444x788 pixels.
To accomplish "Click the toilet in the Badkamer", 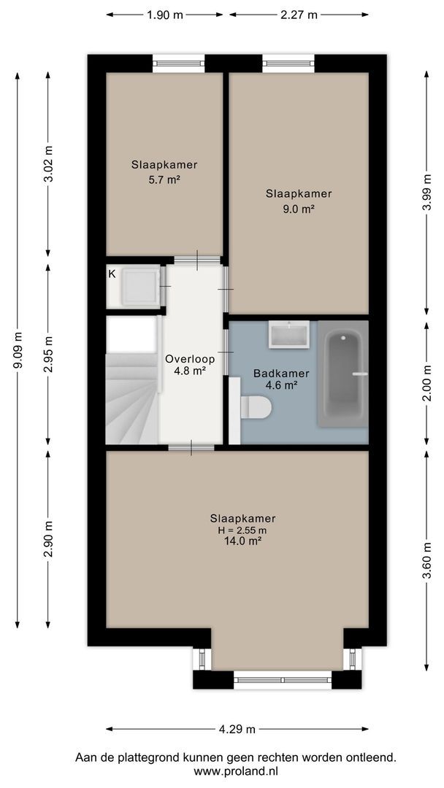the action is point(256,406).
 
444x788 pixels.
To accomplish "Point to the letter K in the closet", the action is point(112,274).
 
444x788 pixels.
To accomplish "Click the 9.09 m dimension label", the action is point(18,350).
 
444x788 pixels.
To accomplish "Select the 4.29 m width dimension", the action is point(237,729).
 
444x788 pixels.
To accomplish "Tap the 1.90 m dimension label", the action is point(165,15).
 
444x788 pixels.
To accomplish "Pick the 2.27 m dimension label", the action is point(299,15).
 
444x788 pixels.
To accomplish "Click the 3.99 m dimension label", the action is point(427,193).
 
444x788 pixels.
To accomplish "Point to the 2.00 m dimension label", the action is point(427,383).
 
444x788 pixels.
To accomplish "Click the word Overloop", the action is point(191,359).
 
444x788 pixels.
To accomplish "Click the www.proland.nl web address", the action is point(236,770).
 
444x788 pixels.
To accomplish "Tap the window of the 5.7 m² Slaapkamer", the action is point(178,63).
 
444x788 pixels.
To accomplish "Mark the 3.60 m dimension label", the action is point(427,561).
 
